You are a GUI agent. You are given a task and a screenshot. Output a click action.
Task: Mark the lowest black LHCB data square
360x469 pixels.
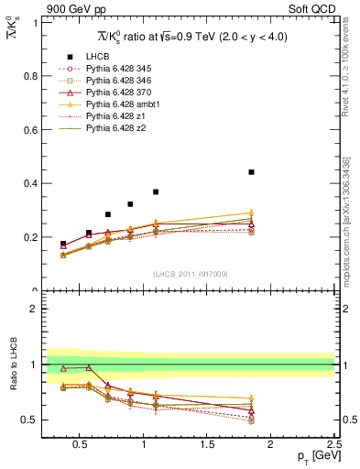63,245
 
